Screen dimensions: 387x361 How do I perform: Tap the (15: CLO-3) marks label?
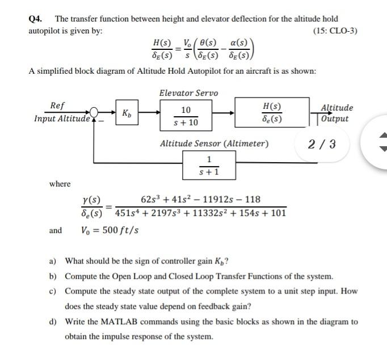[335, 30]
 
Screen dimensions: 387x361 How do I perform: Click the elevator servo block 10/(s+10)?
[186, 116]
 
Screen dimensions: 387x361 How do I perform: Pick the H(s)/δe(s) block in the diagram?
[272, 113]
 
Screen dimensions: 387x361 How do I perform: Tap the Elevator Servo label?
[188, 93]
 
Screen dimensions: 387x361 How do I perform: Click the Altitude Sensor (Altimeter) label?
[214, 143]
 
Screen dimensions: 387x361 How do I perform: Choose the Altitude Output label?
[336, 113]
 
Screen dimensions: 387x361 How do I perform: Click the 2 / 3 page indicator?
[322, 144]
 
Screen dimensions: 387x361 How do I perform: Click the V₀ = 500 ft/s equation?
[111, 230]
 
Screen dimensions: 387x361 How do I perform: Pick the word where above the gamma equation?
[60, 184]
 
